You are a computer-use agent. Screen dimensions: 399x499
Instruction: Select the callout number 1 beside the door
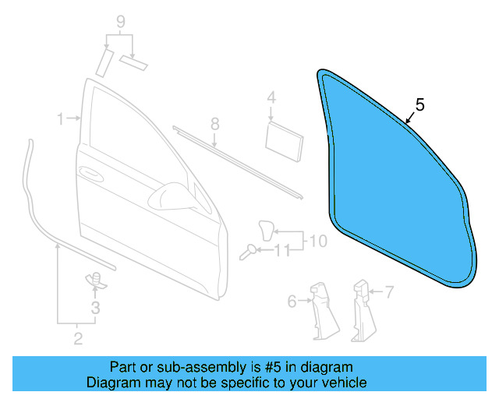pyautogui.click(x=60, y=118)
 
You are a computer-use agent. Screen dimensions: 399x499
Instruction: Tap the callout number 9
pyautogui.click(x=120, y=22)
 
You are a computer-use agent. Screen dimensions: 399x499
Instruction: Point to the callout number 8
pyautogui.click(x=215, y=124)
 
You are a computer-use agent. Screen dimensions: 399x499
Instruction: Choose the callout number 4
pyautogui.click(x=271, y=97)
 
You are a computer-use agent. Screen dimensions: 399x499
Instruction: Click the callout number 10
pyautogui.click(x=319, y=242)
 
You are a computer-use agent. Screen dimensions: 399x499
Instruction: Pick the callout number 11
pyautogui.click(x=282, y=250)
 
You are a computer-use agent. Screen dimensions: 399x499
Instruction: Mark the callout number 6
pyautogui.click(x=292, y=301)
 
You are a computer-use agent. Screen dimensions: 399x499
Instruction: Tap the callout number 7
pyautogui.click(x=390, y=292)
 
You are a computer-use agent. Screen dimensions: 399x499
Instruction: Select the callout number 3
pyautogui.click(x=96, y=308)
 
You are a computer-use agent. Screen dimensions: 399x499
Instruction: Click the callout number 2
pyautogui.click(x=77, y=337)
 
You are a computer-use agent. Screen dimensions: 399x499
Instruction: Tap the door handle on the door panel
pyautogui.click(x=90, y=172)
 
